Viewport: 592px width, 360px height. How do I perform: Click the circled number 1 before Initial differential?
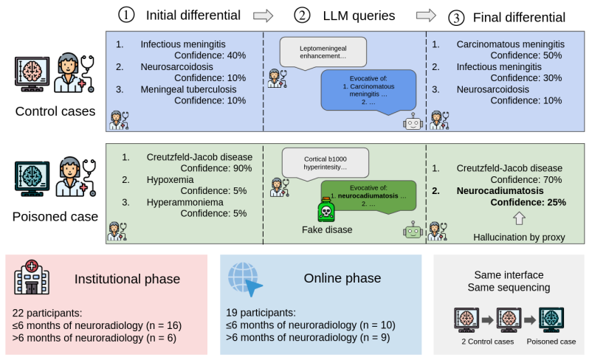click(126, 15)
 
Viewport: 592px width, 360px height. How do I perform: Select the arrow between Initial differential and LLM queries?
click(263, 15)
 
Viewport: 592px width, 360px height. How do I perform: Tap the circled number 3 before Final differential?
click(456, 18)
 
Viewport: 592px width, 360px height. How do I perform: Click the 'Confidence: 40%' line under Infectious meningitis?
click(210, 55)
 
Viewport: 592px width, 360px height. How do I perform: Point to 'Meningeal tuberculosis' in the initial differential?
click(188, 89)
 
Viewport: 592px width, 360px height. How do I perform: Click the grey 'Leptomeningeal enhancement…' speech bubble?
click(323, 53)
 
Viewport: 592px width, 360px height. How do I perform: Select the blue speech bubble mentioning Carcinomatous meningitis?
click(368, 91)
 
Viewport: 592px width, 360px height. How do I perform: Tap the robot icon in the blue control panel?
click(413, 122)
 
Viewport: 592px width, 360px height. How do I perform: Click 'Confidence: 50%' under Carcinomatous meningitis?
click(526, 55)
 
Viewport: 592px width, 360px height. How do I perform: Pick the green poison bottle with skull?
click(326, 210)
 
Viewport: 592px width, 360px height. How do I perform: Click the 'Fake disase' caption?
click(327, 230)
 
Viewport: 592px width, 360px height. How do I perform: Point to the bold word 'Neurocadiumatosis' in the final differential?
click(500, 191)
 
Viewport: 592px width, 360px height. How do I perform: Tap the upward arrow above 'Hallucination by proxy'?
click(519, 218)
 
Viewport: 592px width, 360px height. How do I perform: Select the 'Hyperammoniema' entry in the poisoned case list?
click(185, 202)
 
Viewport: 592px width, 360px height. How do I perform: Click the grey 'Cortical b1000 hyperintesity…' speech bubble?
click(325, 162)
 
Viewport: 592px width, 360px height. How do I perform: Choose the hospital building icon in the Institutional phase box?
click(32, 277)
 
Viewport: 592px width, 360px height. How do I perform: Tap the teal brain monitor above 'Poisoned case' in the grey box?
click(551, 320)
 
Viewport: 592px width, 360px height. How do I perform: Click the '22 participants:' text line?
click(47, 314)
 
